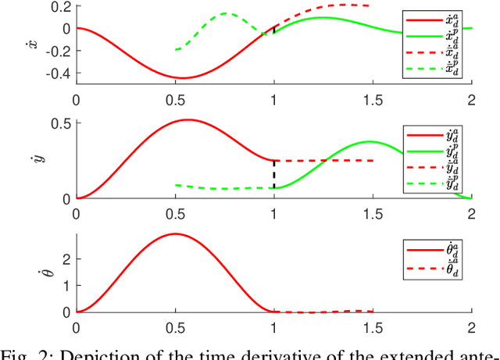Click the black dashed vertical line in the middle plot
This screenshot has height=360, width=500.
point(273,174)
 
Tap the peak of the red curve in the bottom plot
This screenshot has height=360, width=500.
point(175,234)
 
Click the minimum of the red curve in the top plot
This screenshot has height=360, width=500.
point(181,78)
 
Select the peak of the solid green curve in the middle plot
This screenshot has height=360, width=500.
point(369,142)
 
